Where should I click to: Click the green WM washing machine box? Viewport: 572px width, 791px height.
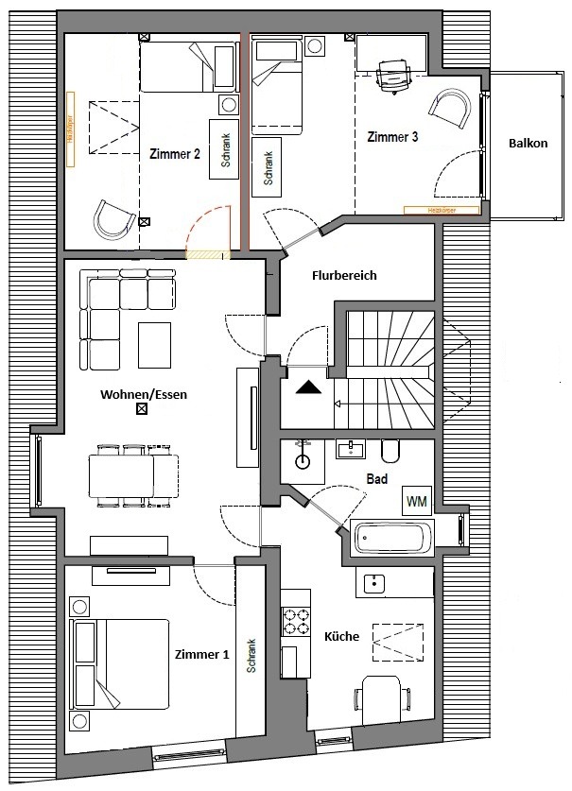tap(415, 500)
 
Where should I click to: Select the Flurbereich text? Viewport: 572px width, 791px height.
tap(344, 276)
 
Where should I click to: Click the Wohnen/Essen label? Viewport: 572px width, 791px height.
tap(141, 394)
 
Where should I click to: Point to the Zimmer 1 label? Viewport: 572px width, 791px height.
tap(201, 654)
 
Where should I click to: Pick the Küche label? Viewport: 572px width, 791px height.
tap(341, 637)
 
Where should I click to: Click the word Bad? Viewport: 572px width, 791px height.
tap(376, 479)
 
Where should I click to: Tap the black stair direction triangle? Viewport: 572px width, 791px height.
tap(308, 387)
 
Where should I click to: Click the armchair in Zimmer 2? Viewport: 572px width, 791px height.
tap(113, 220)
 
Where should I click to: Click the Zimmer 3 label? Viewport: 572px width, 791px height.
tap(392, 138)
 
